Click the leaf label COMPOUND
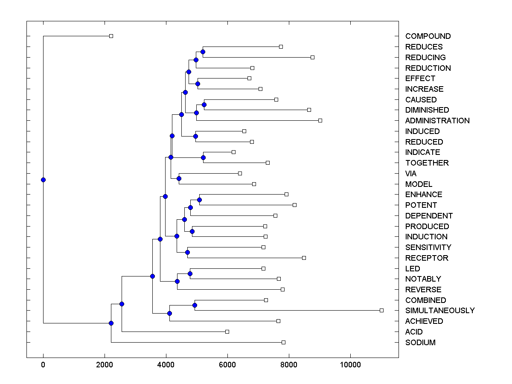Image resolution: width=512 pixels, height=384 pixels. click(428, 36)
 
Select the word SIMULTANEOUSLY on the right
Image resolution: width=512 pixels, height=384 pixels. click(439, 311)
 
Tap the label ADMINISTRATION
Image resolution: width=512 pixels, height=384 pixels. click(437, 121)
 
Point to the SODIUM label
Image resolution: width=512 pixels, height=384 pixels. click(420, 343)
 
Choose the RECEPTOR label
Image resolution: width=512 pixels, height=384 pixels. click(427, 258)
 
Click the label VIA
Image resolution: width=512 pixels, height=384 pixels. click(411, 174)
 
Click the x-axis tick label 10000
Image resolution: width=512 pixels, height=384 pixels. click(350, 365)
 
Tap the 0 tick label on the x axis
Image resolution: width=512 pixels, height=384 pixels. click(43, 365)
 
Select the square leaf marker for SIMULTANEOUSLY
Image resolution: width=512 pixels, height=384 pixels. click(381, 310)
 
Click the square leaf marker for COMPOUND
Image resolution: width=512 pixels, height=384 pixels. click(111, 36)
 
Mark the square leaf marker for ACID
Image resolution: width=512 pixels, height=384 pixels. click(227, 332)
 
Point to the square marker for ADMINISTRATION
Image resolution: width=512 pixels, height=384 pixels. click(320, 120)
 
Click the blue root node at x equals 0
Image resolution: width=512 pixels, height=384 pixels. click(43, 180)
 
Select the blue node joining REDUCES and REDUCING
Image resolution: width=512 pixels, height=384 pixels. click(203, 52)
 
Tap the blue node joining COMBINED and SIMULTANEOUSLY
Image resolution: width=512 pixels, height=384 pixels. click(195, 305)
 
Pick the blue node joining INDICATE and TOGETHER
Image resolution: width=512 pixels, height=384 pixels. click(203, 157)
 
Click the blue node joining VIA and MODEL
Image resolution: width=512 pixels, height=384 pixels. click(179, 178)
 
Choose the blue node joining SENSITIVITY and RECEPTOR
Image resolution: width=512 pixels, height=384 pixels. click(187, 252)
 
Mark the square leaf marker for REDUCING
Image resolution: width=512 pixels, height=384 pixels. click(312, 57)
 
